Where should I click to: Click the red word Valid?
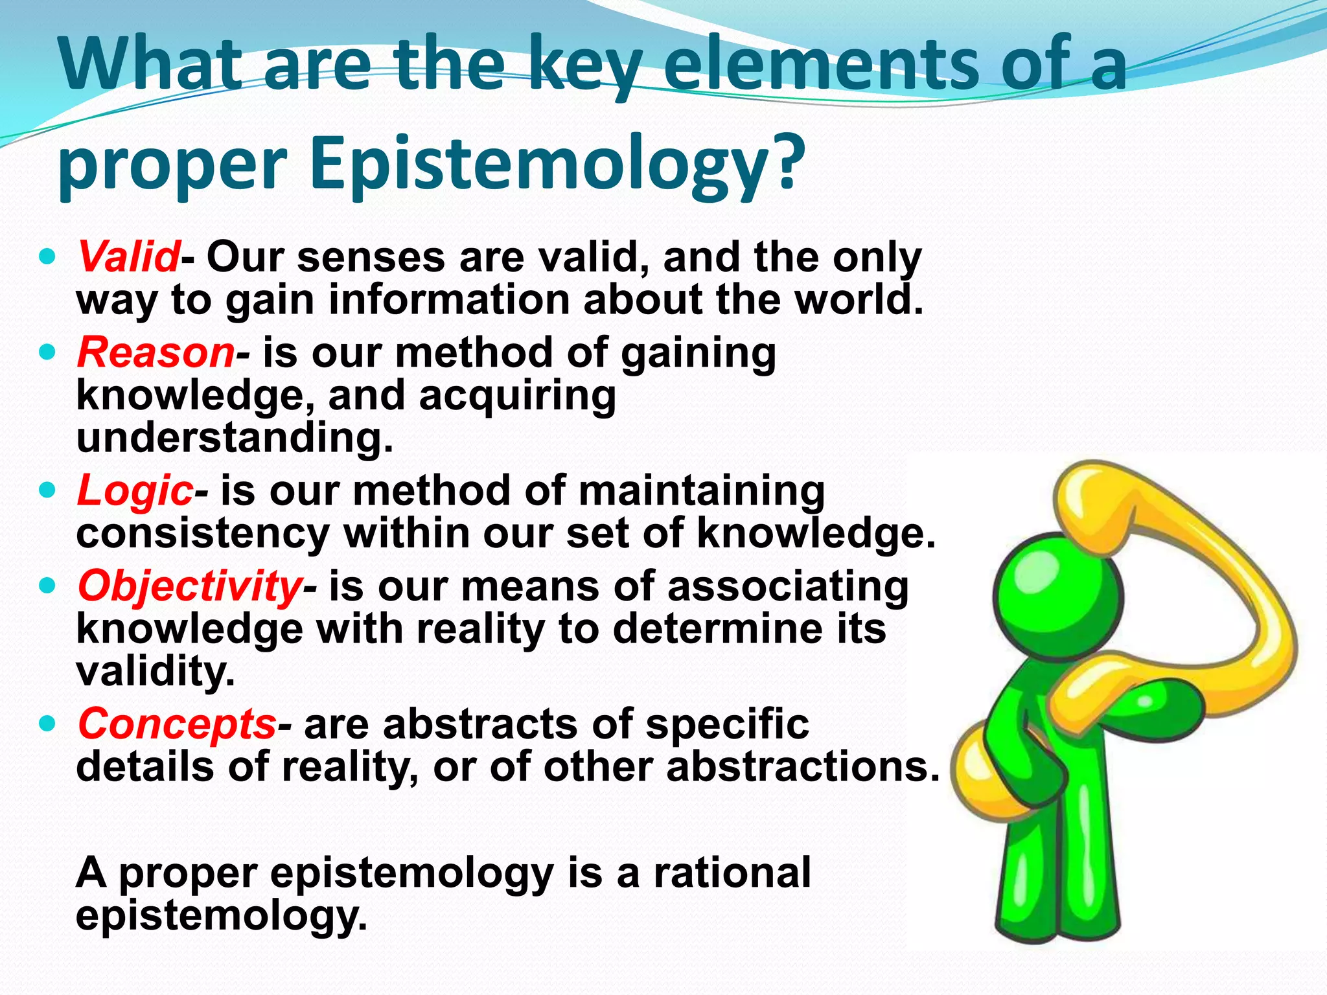[128, 257]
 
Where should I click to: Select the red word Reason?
[156, 352]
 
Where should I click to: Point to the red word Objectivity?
[189, 586]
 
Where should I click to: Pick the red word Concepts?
[177, 724]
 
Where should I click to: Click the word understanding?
[235, 437]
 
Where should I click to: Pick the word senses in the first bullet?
[372, 257]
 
